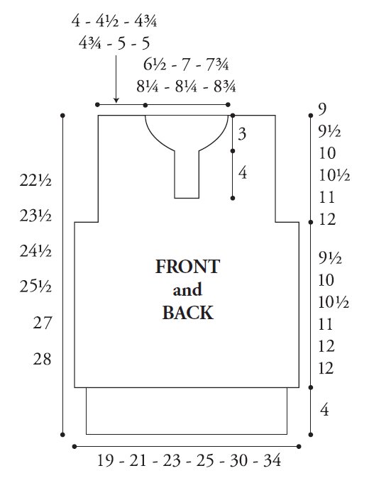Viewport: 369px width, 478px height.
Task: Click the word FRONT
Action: [187, 267]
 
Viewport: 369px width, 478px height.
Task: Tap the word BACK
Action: [187, 313]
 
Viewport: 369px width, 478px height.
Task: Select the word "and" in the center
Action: [187, 289]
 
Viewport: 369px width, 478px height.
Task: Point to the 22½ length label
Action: [35, 180]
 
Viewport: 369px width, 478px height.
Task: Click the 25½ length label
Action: [35, 287]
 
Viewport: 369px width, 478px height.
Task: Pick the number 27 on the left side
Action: [42, 323]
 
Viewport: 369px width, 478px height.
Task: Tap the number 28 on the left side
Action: [42, 359]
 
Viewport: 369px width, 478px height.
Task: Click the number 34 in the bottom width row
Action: [272, 460]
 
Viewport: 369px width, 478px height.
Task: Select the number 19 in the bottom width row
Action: [106, 460]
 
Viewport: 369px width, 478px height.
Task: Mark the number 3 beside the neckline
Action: [242, 134]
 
